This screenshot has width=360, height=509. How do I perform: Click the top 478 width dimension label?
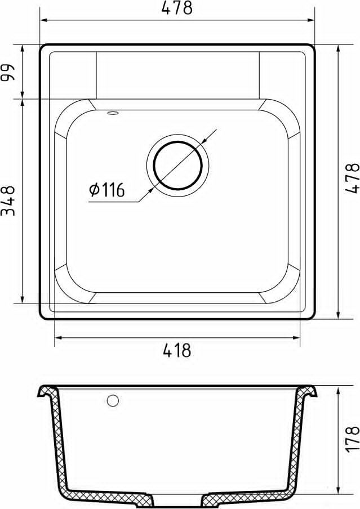tap(177, 8)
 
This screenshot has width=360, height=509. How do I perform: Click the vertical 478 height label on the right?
tap(353, 178)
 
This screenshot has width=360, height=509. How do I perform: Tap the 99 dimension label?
tap(8, 72)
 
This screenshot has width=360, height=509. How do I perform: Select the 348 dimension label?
tap(8, 201)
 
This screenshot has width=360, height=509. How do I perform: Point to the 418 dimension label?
tap(177, 351)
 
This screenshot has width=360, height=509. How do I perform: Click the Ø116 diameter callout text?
tap(107, 190)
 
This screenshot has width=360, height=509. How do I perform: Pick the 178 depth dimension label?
tap(353, 439)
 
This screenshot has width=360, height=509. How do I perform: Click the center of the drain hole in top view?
tap(177, 165)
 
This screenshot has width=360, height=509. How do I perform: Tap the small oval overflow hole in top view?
tap(113, 113)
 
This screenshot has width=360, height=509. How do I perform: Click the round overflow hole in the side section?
tap(113, 400)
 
